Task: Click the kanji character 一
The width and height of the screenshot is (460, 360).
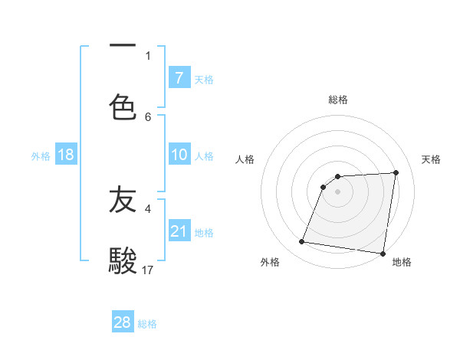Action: point(123,46)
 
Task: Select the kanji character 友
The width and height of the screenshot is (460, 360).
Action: point(123,201)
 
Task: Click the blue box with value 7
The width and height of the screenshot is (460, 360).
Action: point(179,78)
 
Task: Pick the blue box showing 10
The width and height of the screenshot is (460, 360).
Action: point(179,155)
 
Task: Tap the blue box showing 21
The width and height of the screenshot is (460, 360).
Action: point(179,231)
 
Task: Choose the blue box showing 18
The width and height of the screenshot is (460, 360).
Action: point(66,155)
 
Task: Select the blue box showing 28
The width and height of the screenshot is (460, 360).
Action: point(123,322)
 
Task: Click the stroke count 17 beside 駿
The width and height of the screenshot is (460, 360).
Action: point(148,270)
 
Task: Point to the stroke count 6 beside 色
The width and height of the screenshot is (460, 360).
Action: point(148,116)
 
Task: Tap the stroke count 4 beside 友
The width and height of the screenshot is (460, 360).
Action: point(148,208)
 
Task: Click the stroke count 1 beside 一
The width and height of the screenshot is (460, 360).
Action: point(148,55)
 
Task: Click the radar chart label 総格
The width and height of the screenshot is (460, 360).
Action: point(338,100)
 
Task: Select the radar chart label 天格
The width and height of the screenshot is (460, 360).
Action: point(432,159)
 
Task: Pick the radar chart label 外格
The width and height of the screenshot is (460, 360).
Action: point(270,262)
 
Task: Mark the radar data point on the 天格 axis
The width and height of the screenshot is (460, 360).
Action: point(396,172)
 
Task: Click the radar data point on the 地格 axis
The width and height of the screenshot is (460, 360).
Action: point(383,254)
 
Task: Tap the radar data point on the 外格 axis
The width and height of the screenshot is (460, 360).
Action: point(302,242)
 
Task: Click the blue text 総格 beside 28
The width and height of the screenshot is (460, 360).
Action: point(147,324)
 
